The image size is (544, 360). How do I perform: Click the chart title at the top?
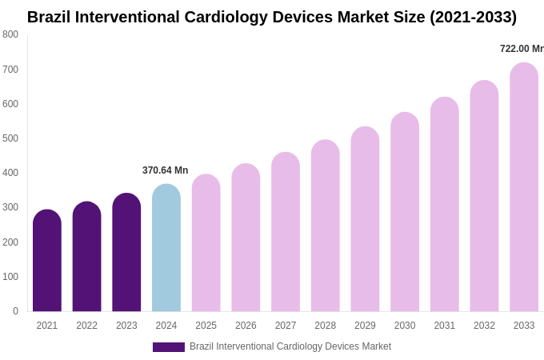272,17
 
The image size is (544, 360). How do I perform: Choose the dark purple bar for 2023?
126,253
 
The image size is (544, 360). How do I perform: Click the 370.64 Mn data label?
165,170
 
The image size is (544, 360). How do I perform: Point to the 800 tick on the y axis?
10,34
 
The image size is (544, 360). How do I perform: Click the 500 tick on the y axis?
10,138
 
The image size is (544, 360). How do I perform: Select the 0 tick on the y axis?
15,311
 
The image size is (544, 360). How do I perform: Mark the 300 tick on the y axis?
10,207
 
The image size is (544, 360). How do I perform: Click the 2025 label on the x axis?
206,326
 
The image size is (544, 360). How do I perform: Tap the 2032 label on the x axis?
484,326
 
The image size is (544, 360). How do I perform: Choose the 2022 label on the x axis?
86,326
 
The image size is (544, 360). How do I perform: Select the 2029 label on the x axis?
365,326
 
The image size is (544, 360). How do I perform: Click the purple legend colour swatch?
168,347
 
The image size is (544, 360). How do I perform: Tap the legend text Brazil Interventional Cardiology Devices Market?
290,346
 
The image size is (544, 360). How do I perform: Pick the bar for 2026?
246,238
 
